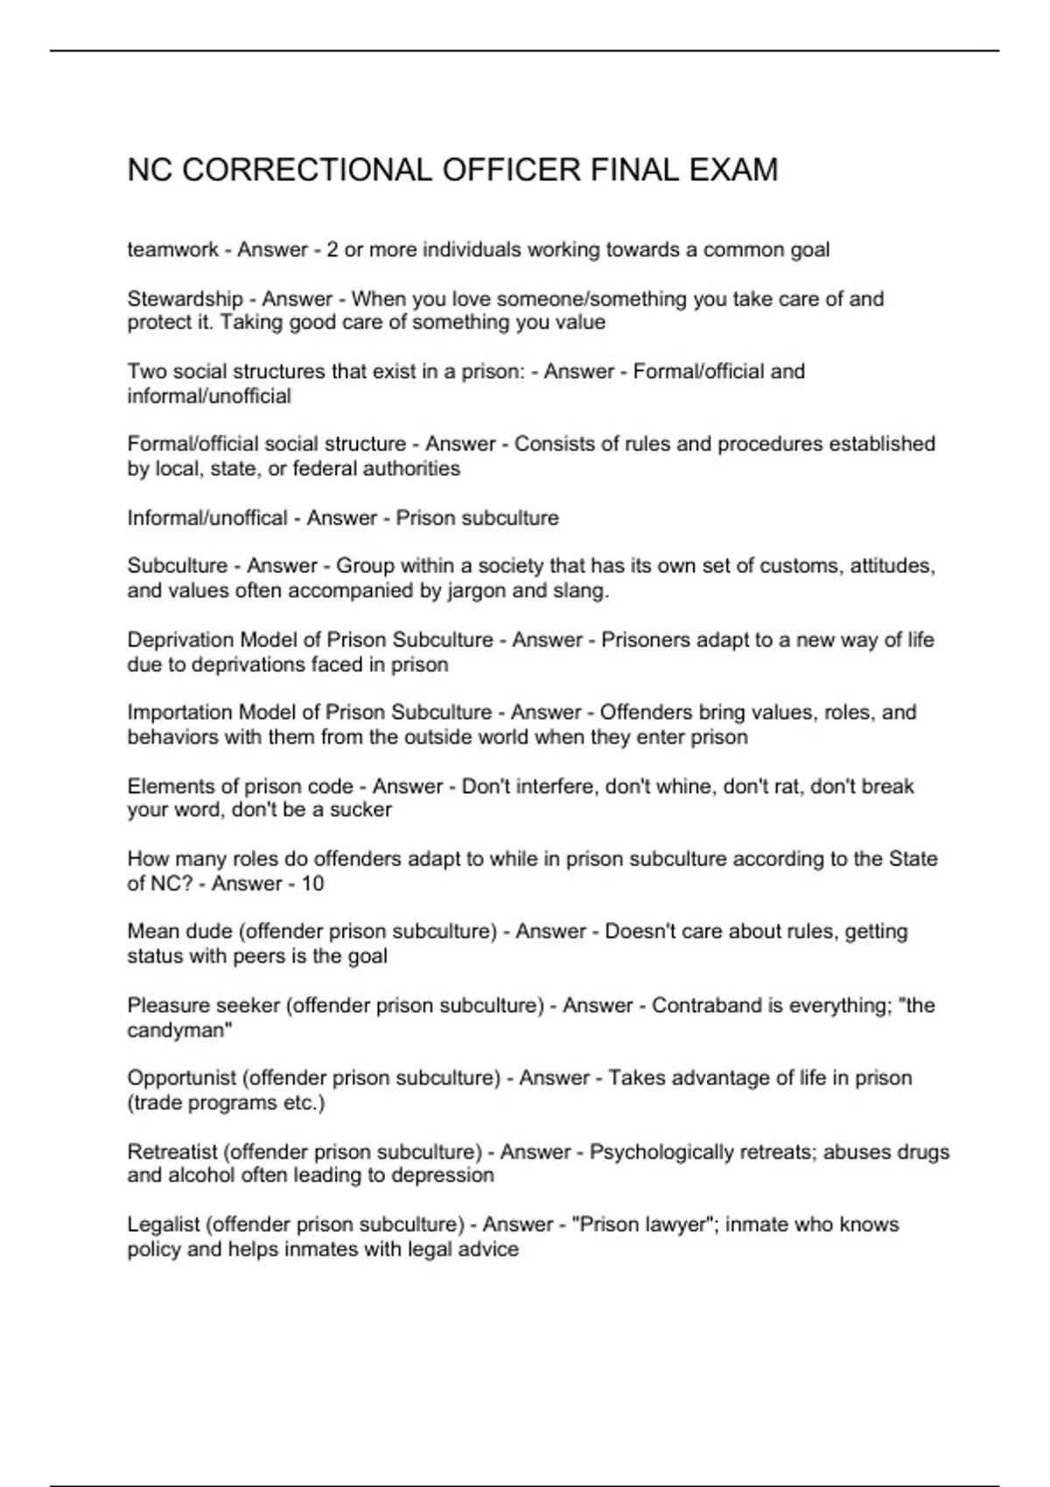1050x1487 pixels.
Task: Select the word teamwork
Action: pyautogui.click(x=172, y=250)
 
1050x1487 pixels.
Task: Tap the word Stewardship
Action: pyautogui.click(x=185, y=299)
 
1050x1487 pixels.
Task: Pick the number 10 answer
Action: pyautogui.click(x=312, y=883)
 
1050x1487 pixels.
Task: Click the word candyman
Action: pyautogui.click(x=178, y=1030)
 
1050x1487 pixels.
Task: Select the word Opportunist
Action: pyautogui.click(x=181, y=1079)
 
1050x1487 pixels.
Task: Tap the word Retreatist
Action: pyautogui.click(x=172, y=1152)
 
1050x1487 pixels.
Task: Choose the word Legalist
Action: pyautogui.click(x=163, y=1225)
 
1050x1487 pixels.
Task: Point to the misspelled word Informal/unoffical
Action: pyautogui.click(x=207, y=518)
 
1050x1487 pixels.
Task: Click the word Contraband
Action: pyautogui.click(x=707, y=1006)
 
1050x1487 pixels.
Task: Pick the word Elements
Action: pyautogui.click(x=169, y=786)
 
